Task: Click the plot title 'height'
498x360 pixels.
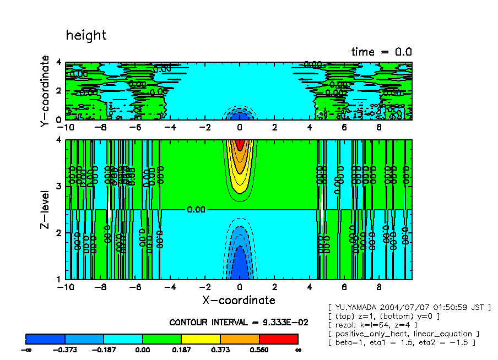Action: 86,36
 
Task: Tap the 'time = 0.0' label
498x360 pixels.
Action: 381,52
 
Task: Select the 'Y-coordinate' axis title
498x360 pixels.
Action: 45,92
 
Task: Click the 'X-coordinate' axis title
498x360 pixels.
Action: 239,300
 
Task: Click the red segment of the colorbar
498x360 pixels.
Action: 278,339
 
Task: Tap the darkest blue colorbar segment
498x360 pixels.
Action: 45,339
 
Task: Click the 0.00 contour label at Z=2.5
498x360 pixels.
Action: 196,210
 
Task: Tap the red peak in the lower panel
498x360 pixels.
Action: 239,145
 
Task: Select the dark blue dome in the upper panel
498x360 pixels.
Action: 239,116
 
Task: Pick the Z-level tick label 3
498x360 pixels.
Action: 58,187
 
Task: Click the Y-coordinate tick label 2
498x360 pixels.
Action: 58,91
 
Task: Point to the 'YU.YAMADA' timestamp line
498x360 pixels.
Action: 408,307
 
